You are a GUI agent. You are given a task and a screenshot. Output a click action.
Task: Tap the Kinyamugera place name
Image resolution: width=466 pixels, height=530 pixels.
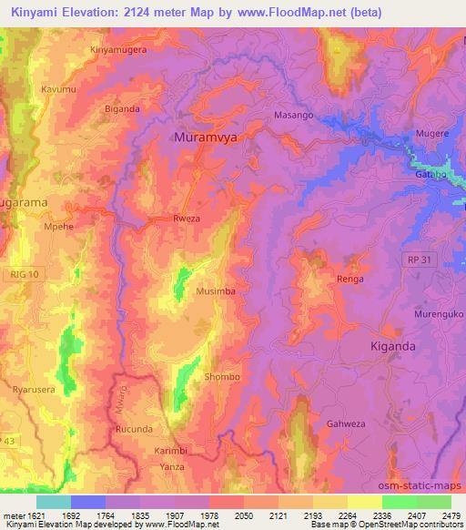(117, 50)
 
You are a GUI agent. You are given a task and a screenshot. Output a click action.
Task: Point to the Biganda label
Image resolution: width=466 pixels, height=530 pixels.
(122, 108)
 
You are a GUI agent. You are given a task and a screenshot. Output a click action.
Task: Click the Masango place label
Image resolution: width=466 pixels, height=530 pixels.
(293, 117)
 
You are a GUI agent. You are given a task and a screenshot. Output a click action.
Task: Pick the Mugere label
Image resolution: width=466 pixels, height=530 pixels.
(431, 133)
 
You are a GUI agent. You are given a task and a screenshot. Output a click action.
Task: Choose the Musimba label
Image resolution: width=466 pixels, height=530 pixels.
(215, 291)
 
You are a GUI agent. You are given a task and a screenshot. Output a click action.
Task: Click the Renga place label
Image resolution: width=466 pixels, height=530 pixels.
(350, 279)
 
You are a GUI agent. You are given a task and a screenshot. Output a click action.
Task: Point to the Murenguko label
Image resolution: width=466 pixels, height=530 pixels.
(440, 313)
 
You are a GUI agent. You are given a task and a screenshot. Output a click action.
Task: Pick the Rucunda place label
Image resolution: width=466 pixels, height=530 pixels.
(133, 427)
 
